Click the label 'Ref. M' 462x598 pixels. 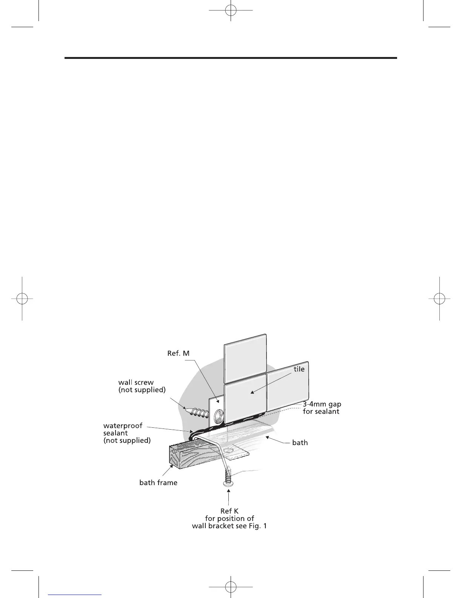[x=178, y=354]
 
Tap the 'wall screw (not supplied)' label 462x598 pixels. [x=142, y=386]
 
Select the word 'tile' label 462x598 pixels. [x=299, y=369]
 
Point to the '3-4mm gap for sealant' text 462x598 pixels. [x=322, y=408]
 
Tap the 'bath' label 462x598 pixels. [x=300, y=442]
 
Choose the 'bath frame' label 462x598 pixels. [x=158, y=482]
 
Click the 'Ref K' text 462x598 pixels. [x=229, y=511]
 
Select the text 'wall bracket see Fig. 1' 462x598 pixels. [x=229, y=526]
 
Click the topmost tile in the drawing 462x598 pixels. [x=245, y=358]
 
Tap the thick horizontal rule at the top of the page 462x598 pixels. [x=231, y=58]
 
